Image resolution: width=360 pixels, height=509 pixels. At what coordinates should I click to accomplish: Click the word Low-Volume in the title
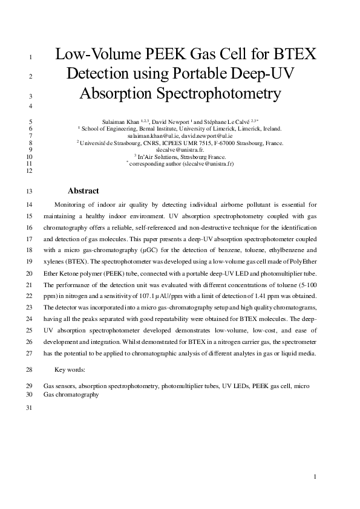[96, 55]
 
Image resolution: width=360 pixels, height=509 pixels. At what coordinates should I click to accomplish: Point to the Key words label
[70, 369]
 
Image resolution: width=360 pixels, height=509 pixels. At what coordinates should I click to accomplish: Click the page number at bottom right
[316, 477]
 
